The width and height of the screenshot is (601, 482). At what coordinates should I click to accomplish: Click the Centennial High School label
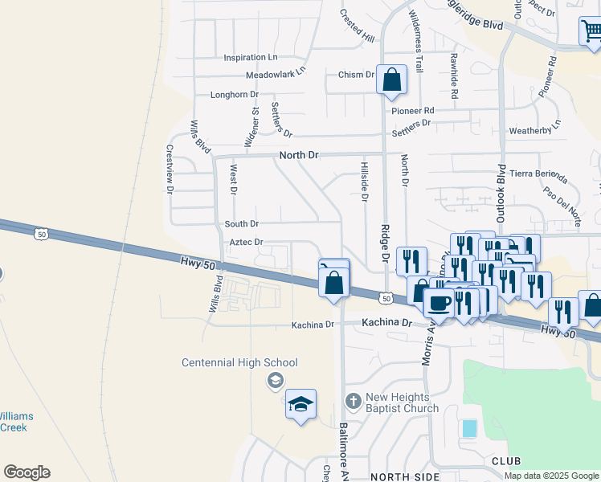(239, 363)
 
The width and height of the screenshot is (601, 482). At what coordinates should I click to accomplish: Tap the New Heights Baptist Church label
(403, 402)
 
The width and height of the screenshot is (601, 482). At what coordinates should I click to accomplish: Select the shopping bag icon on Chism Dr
(391, 80)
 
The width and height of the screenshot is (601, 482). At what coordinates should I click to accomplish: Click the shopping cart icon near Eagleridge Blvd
(590, 31)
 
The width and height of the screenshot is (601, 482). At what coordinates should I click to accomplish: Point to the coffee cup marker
(438, 304)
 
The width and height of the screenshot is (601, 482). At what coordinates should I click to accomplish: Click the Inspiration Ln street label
(250, 58)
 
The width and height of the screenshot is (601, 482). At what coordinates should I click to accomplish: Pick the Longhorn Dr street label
(234, 95)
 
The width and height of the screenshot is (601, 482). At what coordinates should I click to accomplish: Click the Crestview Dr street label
(170, 169)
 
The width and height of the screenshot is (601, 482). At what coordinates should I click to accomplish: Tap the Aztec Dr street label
(247, 242)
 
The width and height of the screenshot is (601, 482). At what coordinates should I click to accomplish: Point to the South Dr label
(241, 224)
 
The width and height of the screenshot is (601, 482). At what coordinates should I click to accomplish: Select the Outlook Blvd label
(501, 194)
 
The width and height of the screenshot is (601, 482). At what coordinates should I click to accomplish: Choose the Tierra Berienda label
(544, 175)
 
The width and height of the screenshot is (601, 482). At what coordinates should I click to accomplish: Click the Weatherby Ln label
(534, 130)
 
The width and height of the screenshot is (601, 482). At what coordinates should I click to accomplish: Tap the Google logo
(27, 472)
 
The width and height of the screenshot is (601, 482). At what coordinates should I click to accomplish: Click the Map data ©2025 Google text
(552, 476)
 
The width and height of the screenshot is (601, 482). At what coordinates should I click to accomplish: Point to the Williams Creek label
(13, 422)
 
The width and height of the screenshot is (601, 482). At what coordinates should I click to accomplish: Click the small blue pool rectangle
(468, 428)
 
